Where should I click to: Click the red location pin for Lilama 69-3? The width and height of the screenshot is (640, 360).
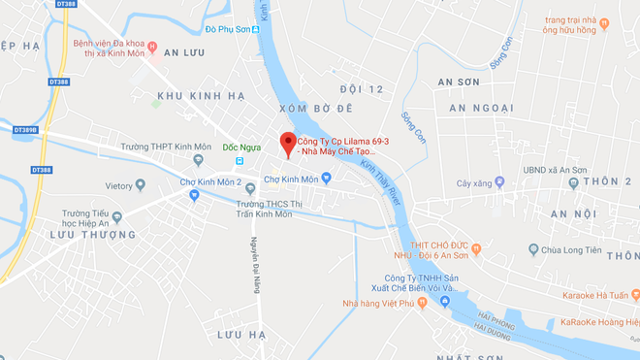(x=287, y=145)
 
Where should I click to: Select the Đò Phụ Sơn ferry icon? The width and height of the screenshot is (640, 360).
(x=256, y=30)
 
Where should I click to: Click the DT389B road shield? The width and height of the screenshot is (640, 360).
(x=25, y=129)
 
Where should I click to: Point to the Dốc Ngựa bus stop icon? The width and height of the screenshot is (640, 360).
(x=240, y=160)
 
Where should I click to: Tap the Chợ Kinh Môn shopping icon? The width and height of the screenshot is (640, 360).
(x=326, y=179)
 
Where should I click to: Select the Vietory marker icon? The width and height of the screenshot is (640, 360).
(x=141, y=185)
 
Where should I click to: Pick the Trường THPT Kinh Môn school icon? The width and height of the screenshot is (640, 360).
(x=199, y=160)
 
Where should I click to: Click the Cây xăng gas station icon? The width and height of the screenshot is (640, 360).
(x=499, y=181)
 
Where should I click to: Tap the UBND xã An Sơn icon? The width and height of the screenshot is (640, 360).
(x=574, y=181)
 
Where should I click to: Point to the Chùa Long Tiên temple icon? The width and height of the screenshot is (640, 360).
(x=533, y=250)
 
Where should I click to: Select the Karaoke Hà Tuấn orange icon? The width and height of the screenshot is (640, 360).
(x=633, y=294)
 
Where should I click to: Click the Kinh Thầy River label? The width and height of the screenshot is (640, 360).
(x=381, y=179)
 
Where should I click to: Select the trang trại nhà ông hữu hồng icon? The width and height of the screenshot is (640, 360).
(x=604, y=24)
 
